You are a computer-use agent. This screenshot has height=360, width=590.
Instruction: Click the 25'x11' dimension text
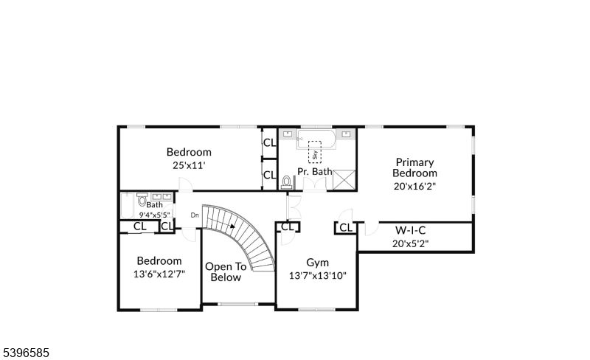click(189, 166)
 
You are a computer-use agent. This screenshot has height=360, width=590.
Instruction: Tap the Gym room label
click(317, 263)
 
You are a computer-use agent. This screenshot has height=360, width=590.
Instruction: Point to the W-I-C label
click(411, 229)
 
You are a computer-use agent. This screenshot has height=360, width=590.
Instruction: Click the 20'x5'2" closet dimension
click(411, 243)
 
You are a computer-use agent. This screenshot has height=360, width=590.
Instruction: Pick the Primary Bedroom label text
click(414, 167)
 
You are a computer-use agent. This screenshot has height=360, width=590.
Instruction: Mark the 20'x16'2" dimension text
click(414, 186)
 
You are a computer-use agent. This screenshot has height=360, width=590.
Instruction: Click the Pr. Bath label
click(315, 171)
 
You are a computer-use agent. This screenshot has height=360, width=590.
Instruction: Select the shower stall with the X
click(344, 179)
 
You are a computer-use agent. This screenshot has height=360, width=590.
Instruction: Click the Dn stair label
click(195, 215)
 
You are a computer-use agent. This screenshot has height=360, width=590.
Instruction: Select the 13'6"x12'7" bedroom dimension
click(159, 274)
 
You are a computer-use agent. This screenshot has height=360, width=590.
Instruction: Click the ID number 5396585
click(26, 353)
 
